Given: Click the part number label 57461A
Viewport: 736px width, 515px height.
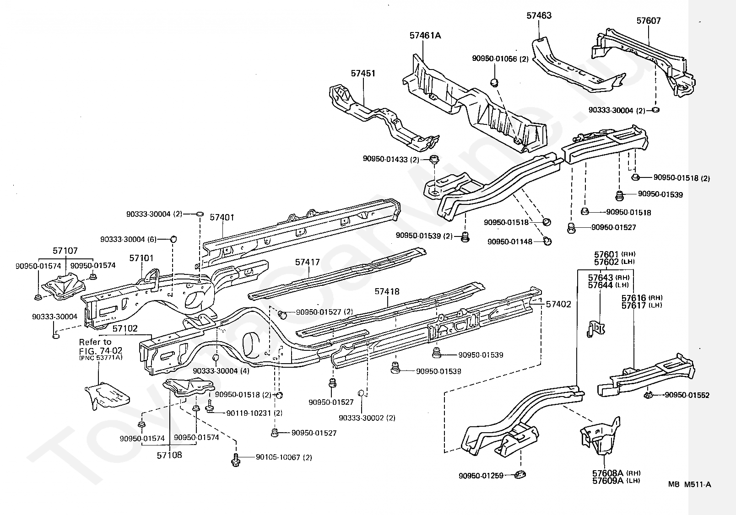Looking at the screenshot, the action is point(425,35).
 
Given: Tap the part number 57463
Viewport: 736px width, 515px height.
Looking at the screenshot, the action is point(539,16).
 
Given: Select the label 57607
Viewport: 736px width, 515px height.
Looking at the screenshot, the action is point(649,21).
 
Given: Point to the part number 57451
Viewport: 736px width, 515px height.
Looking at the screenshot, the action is point(363,73).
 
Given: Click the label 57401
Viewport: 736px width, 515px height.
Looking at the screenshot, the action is point(222,217).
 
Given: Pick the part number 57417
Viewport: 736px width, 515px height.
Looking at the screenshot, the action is point(307,262).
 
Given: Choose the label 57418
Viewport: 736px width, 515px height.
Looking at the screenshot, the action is point(387,291).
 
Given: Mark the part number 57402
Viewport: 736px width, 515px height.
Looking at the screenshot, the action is point(558,304).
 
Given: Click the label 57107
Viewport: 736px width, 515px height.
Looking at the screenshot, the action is point(65,251).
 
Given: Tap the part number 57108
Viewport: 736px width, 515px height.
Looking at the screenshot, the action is point(169,455).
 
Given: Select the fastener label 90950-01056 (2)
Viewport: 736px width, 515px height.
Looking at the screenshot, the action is point(500,59).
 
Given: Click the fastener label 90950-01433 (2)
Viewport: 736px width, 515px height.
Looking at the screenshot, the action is point(391,159).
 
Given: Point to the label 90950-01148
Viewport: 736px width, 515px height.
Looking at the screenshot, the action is point(509,241).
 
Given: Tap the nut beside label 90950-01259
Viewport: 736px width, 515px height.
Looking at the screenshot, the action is point(520,474).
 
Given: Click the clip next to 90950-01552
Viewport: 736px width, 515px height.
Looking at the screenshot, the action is point(648,395).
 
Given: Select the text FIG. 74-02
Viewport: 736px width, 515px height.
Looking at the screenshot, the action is point(101,350).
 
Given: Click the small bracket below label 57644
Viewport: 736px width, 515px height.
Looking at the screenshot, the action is point(595,329).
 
